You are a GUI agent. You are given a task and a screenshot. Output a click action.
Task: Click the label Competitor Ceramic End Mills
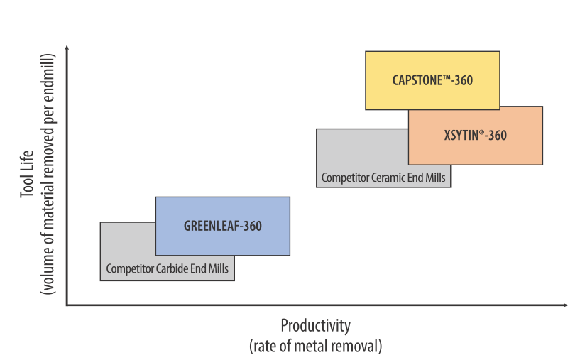pyautogui.click(x=383, y=178)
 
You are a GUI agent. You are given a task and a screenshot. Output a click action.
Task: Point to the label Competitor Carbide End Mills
pyautogui.click(x=168, y=269)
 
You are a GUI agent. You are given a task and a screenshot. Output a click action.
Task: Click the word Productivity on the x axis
pyautogui.click(x=316, y=326)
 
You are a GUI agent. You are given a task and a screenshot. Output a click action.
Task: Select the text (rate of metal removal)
pyautogui.click(x=316, y=346)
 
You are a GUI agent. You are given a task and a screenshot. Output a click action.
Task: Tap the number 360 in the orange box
pyautogui.click(x=498, y=136)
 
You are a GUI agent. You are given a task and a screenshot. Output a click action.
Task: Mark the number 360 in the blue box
pyautogui.click(x=252, y=227)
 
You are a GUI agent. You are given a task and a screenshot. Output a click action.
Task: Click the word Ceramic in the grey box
pyautogui.click(x=384, y=178)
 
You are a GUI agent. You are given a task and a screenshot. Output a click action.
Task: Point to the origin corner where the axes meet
pyautogui.click(x=67, y=305)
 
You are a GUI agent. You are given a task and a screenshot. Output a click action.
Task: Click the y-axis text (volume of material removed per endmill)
pyautogui.click(x=48, y=175)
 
